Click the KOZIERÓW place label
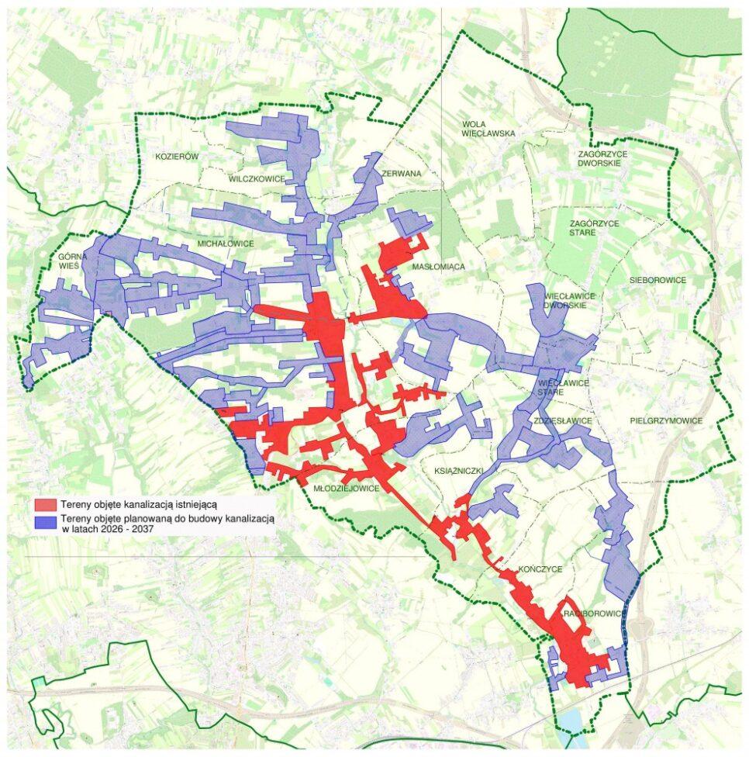coord(178,157)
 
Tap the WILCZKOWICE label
coord(257,178)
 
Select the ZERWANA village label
coord(401,174)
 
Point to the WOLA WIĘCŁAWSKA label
coord(488,128)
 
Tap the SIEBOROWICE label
coord(658,279)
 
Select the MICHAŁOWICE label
coord(226,244)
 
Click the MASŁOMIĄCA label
coord(438,267)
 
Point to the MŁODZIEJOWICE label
coord(347,489)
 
